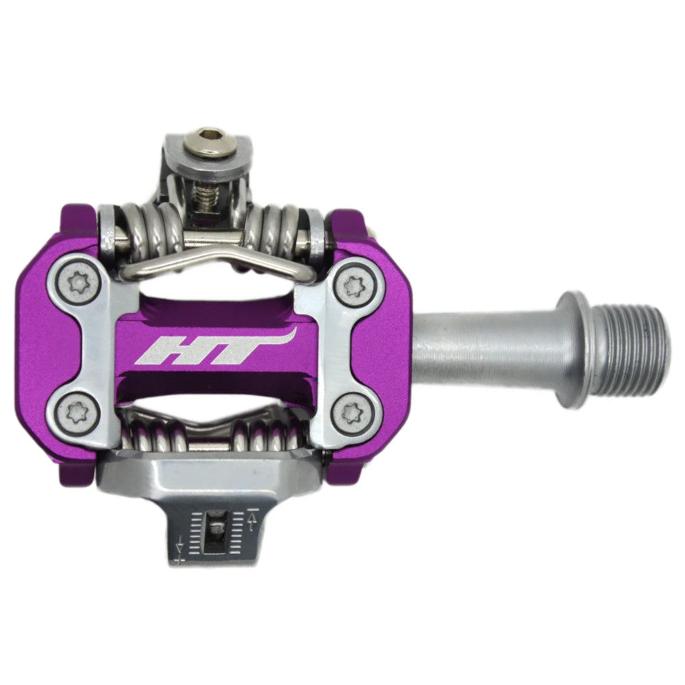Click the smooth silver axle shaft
(480, 349)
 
